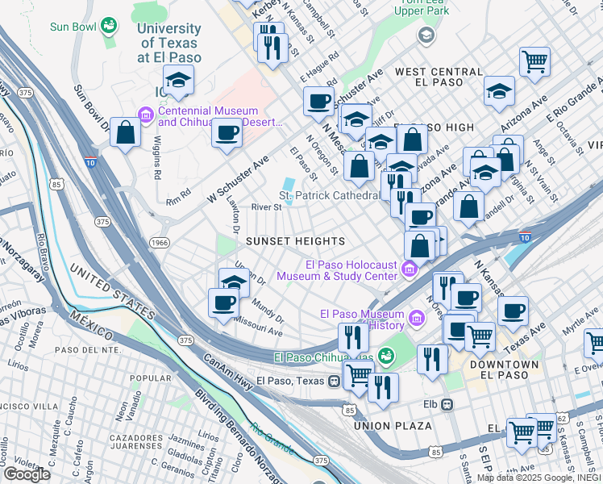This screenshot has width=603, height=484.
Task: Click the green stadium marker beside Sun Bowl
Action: pos(106,27)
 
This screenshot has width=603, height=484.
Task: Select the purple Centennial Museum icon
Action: pos(146,116)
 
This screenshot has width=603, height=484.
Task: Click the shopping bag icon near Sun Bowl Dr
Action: pos(126,133)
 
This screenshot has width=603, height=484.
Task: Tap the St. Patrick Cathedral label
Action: pos(328,195)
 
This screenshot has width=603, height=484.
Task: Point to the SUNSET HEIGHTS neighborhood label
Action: pos(295,241)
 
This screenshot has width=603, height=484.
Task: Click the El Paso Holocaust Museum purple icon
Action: pos(410,269)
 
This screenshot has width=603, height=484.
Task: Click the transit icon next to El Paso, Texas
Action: pos(334,381)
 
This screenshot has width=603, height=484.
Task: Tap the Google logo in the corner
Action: pos(27,474)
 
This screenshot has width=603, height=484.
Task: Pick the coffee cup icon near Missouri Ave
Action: pos(224,303)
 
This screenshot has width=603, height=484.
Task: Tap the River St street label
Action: pos(265,207)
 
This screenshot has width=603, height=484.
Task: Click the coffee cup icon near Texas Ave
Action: pos(513,310)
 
